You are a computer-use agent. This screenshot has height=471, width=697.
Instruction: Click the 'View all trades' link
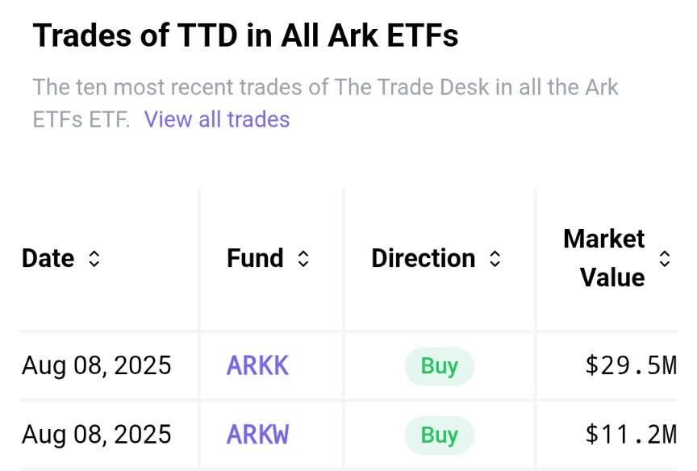pyautogui.click(x=217, y=119)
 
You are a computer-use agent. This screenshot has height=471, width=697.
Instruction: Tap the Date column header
pyautogui.click(x=48, y=258)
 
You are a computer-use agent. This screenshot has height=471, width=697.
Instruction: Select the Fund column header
pyautogui.click(x=255, y=258)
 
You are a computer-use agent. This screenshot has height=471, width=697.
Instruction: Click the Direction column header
pyautogui.click(x=423, y=258)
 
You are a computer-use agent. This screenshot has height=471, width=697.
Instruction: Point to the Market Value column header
pyautogui.click(x=603, y=258)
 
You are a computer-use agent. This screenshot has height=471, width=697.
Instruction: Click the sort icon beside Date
pyautogui.click(x=94, y=259)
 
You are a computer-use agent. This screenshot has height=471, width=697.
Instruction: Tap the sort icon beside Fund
pyautogui.click(x=303, y=259)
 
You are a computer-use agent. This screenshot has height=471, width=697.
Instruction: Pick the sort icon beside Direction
pyautogui.click(x=495, y=259)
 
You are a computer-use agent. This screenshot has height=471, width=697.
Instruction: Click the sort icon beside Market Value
pyautogui.click(x=665, y=259)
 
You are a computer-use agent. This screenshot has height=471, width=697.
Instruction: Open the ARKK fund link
pyautogui.click(x=257, y=365)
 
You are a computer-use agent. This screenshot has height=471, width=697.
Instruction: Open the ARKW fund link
pyautogui.click(x=257, y=435)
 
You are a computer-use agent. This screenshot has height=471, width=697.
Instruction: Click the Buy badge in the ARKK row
pyautogui.click(x=439, y=366)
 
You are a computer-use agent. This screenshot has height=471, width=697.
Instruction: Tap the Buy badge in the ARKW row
pyautogui.click(x=439, y=436)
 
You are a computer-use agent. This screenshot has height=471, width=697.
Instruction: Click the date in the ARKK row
pyautogui.click(x=97, y=365)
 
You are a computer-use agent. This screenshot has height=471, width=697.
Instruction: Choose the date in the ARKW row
pyautogui.click(x=97, y=435)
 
